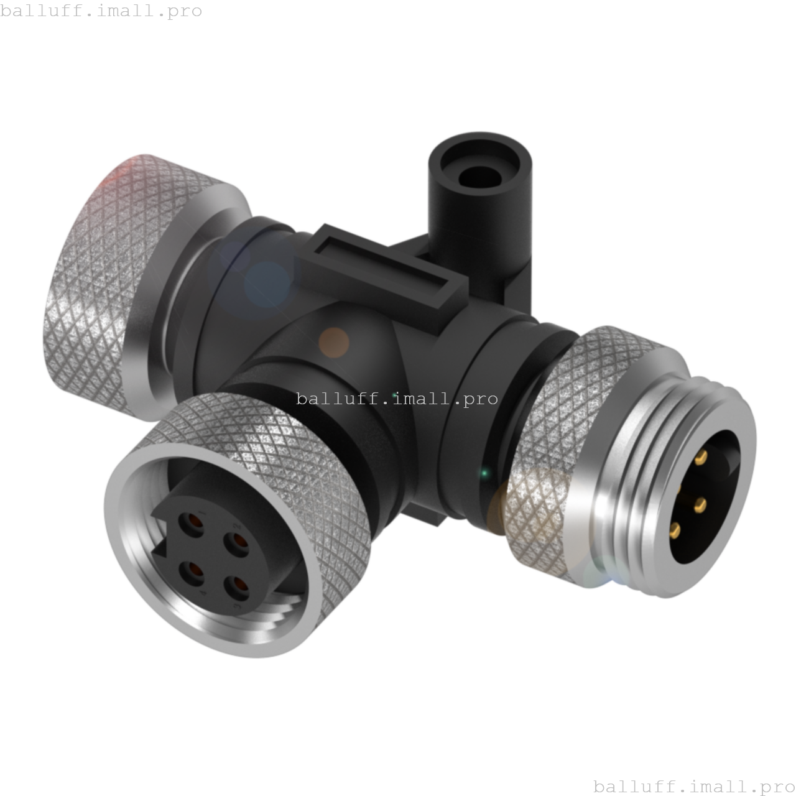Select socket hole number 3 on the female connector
(234, 586)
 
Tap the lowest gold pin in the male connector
(675, 530)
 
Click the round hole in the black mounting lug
(479, 176)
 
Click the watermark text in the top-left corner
(101, 11)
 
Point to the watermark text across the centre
(397, 398)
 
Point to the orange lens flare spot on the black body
(334, 343)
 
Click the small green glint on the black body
(484, 473)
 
